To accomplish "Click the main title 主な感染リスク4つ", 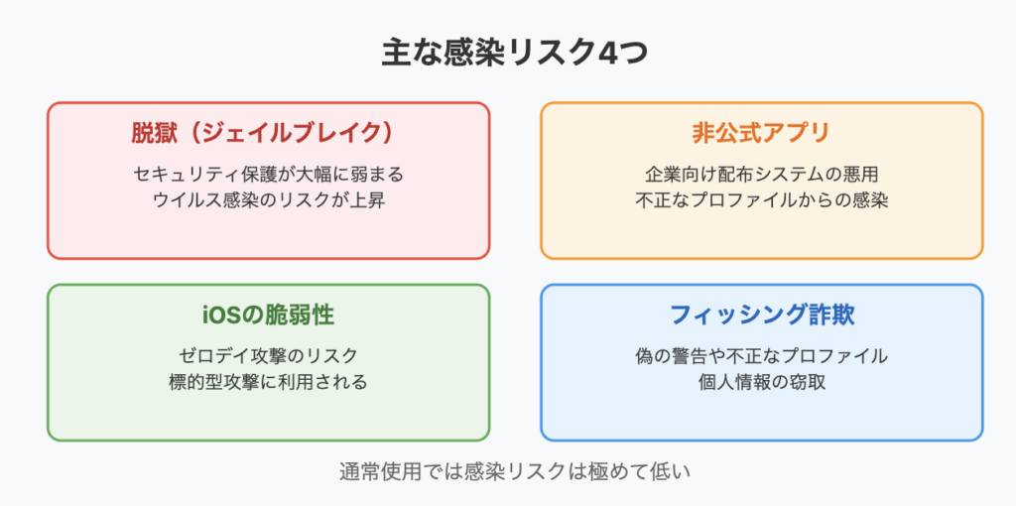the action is point(514,54).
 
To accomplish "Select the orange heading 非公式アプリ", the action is point(761,134).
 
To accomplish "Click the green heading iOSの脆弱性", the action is point(268,315).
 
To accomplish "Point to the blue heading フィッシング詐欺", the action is point(761,315).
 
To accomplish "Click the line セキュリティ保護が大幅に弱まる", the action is point(268,175).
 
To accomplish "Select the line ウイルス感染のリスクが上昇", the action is point(268,200).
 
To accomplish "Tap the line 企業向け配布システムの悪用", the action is point(761,175).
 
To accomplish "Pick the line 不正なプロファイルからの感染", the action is point(761,200).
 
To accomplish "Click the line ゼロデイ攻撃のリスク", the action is point(268,356).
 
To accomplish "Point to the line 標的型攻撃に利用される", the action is point(268,382).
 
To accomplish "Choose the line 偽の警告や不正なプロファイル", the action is point(761,356).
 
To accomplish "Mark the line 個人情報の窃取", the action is point(761,382).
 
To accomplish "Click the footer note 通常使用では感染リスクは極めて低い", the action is point(515,471).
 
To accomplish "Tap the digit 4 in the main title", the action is point(606,55).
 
